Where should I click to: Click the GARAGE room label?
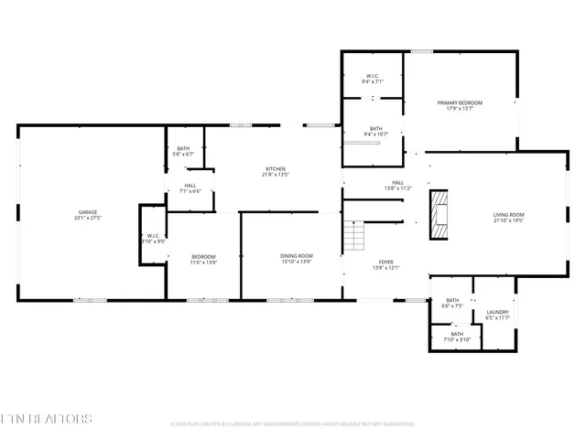[x=87, y=212]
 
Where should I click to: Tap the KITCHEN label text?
[x=276, y=168]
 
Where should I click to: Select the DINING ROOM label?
[x=297, y=255]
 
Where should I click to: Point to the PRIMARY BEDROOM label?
[x=459, y=102]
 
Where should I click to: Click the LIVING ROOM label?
[x=509, y=215]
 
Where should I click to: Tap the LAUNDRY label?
[x=497, y=312]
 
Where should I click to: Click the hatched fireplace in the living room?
[x=440, y=215]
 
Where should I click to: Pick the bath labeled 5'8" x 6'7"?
[x=183, y=148]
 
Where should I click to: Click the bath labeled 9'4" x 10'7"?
[x=374, y=128]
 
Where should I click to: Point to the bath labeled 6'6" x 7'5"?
[x=452, y=300]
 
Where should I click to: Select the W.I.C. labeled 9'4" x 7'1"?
[x=373, y=76]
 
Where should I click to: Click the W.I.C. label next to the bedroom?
[x=153, y=236]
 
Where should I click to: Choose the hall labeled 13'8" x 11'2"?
[x=398, y=182]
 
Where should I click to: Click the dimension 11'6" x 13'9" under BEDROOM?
[x=202, y=262]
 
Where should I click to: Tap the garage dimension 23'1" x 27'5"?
[x=87, y=219]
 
